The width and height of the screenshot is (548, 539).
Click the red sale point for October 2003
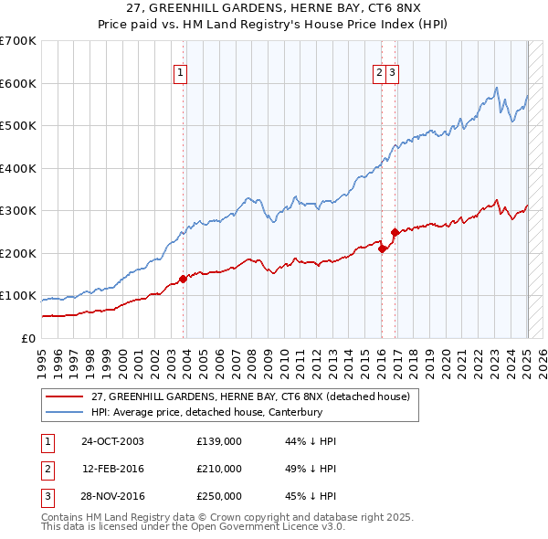(184, 279)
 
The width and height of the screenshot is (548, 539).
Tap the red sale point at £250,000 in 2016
(395, 232)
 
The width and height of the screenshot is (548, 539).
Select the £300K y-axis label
(18, 210)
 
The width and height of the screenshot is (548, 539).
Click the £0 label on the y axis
(27, 338)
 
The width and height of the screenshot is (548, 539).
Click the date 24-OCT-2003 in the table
(112, 441)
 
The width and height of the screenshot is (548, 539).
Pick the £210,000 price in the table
(219, 469)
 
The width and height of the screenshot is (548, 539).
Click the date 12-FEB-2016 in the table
(112, 469)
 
